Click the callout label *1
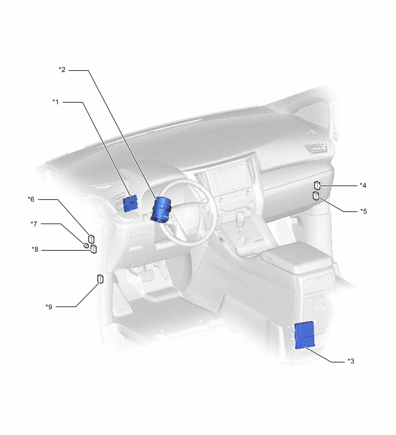tap(56, 102)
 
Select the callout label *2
tap(62, 70)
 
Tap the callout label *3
tap(351, 361)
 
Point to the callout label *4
tap(363, 186)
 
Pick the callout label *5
tap(363, 211)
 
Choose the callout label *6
tap(31, 199)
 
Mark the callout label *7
tap(34, 224)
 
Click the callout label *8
tap(35, 249)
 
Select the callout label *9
tap(49, 307)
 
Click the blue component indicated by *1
tap(130, 203)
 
